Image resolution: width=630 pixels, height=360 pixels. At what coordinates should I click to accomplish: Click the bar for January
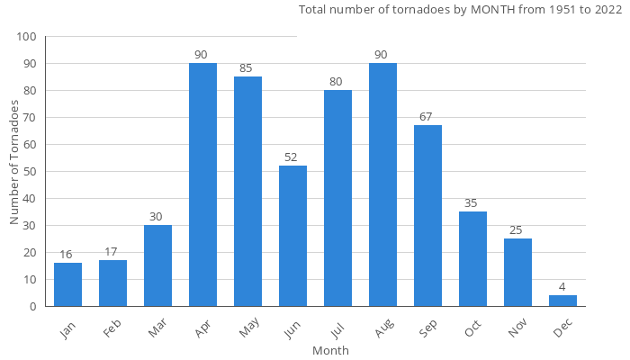click(x=67, y=284)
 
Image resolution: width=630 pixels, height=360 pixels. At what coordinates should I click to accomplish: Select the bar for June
click(x=292, y=236)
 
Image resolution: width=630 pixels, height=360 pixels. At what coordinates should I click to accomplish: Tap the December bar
click(x=562, y=301)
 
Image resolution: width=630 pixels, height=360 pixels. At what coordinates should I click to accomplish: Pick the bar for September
click(x=427, y=216)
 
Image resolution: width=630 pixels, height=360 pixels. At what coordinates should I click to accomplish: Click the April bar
click(x=202, y=184)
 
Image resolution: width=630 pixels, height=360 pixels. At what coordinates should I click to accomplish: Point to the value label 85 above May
click(x=247, y=68)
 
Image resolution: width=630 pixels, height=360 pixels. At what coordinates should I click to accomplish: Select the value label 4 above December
click(x=562, y=287)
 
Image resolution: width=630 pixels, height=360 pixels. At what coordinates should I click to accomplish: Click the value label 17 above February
click(x=112, y=252)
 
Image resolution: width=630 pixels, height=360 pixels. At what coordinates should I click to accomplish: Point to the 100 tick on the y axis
click(x=26, y=37)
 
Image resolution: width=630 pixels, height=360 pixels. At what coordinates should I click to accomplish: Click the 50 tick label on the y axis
click(x=30, y=172)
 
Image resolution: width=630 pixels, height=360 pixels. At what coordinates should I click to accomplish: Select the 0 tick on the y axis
click(x=33, y=307)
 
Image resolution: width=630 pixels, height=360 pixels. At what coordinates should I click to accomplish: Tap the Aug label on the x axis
click(x=381, y=330)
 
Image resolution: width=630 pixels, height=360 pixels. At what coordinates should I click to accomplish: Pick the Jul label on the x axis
click(x=337, y=329)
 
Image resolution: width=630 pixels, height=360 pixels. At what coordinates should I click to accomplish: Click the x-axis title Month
click(x=330, y=350)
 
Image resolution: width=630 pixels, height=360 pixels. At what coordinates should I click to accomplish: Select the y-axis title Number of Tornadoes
click(x=14, y=163)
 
